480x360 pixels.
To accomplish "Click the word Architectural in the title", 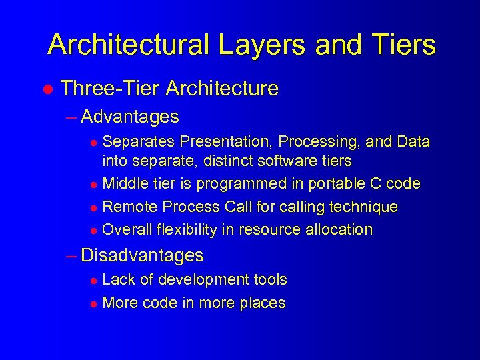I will click(x=126, y=45).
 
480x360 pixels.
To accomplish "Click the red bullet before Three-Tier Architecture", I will click(x=48, y=89).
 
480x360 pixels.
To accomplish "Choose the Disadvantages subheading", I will click(x=142, y=255).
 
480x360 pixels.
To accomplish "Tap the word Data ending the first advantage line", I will click(x=413, y=141).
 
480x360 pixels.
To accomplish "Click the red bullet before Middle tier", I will click(x=94, y=185).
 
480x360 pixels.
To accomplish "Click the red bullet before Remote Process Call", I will click(x=94, y=208).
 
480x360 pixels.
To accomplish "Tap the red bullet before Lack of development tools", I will click(x=94, y=281).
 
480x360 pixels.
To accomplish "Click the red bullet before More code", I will click(x=94, y=304).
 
